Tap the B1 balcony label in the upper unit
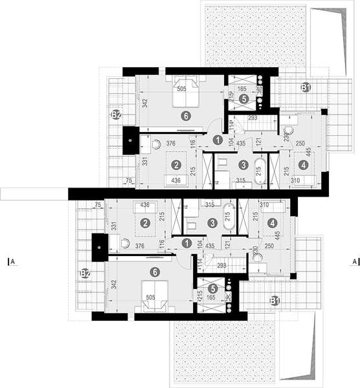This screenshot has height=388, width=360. [306, 87]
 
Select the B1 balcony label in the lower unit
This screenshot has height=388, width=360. [275, 300]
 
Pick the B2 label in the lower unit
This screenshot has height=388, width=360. [84, 274]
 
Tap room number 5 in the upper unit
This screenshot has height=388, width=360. [243, 100]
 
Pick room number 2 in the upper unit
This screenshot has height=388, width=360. [174, 164]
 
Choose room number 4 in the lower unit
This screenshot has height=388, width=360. [272, 224]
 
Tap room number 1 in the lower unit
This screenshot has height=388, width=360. [186, 243]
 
